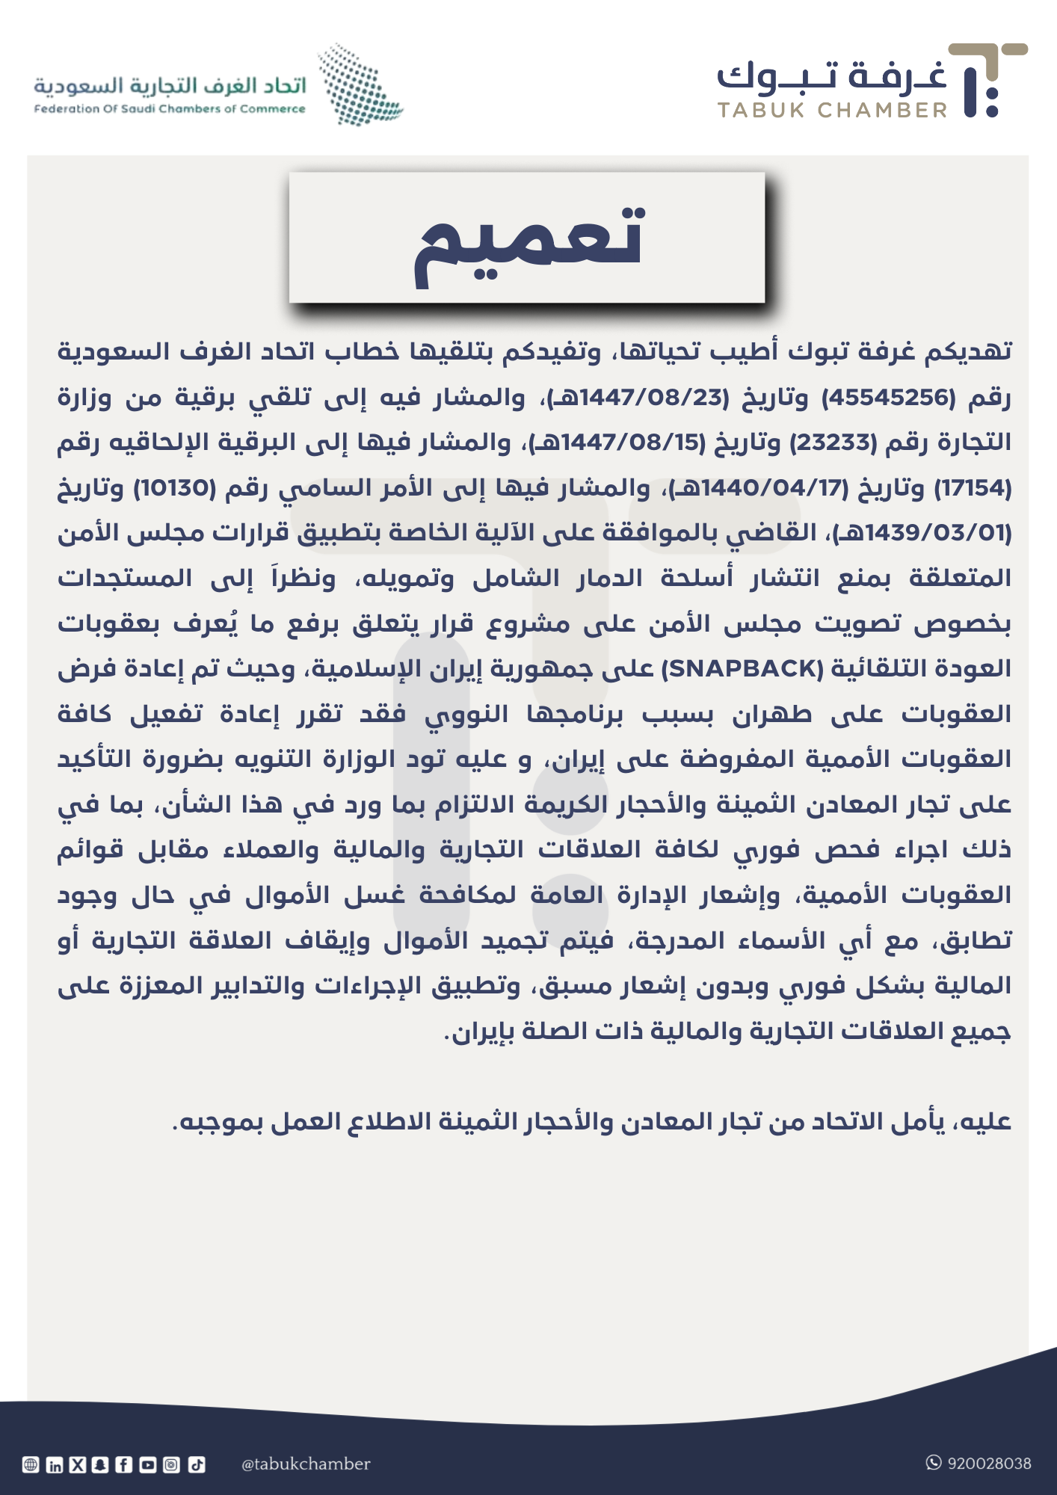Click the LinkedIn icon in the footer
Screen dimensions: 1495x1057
click(x=55, y=1465)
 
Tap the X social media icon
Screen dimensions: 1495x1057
click(x=78, y=1465)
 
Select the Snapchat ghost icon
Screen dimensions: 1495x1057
click(x=101, y=1465)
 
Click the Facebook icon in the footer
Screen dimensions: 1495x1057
click(x=124, y=1465)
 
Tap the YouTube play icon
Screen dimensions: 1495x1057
click(x=148, y=1465)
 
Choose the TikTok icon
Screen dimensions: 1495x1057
click(x=196, y=1465)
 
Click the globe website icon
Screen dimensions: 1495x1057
click(x=31, y=1465)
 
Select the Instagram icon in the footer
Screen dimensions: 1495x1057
click(x=171, y=1465)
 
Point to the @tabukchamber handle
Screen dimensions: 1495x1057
click(x=306, y=1464)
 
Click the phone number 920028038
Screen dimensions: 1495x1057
click(x=989, y=1464)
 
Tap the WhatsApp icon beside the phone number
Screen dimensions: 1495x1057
click(x=934, y=1463)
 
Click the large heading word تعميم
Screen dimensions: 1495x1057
click(x=529, y=240)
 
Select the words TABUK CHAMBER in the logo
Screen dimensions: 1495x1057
click(x=832, y=111)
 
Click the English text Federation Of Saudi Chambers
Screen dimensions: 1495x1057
click(x=170, y=109)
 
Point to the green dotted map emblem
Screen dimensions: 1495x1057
click(x=359, y=84)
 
